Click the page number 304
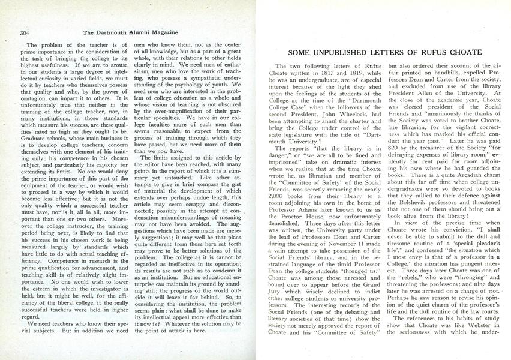pyautogui.click(x=25, y=32)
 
